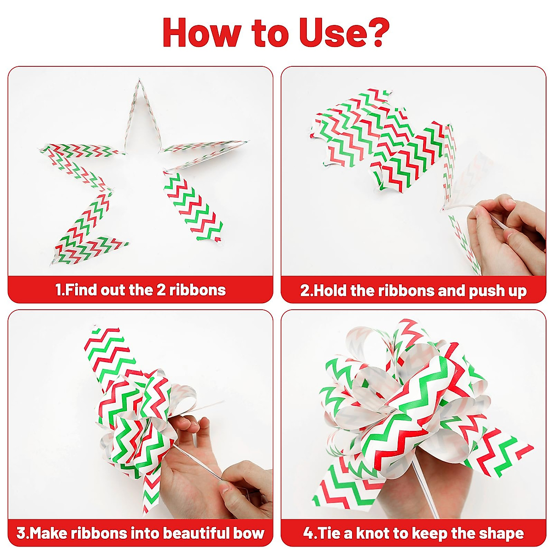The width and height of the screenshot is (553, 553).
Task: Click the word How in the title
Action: [x=201, y=33]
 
